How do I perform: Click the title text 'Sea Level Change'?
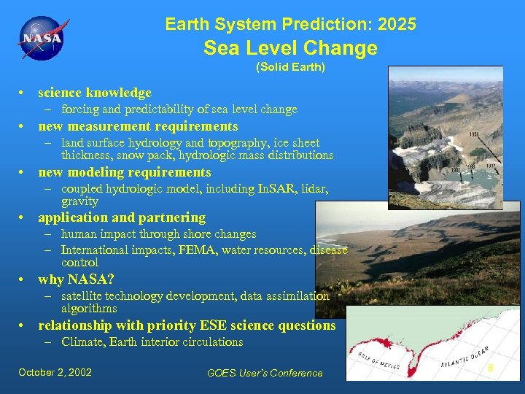pyautogui.click(x=290, y=48)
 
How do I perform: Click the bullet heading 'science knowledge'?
pyautogui.click(x=95, y=93)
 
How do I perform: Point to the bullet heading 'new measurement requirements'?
pyautogui.click(x=138, y=126)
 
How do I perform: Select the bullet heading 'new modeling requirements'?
pyautogui.click(x=124, y=172)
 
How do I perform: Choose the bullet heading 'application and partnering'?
pyautogui.click(x=122, y=217)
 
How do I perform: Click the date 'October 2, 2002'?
pyautogui.click(x=55, y=372)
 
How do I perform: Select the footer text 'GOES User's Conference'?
pyautogui.click(x=265, y=373)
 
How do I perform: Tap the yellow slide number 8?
pyautogui.click(x=491, y=368)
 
